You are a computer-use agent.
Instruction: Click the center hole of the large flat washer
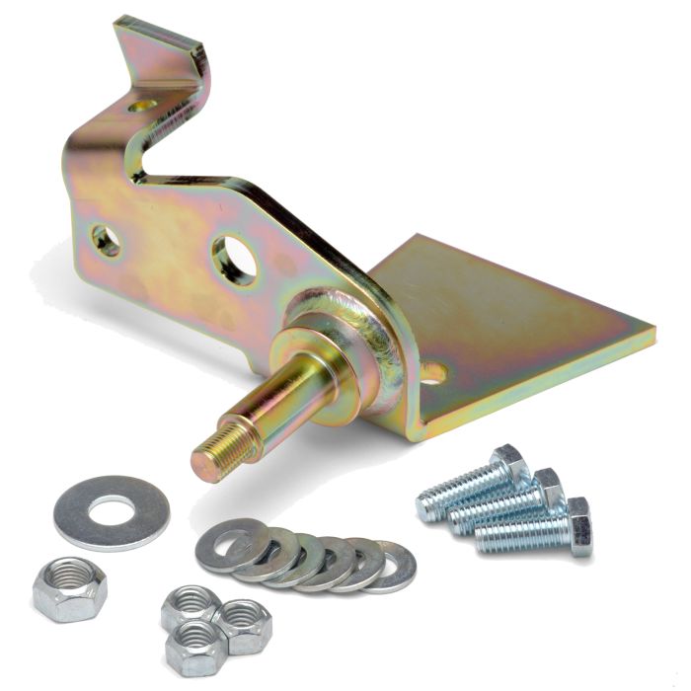coord(111,510)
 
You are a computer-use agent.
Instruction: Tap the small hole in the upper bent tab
coord(145,101)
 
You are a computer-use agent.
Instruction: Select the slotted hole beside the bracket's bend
coord(432,372)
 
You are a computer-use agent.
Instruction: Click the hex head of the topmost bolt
coord(509,464)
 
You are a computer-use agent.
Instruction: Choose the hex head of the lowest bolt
coord(579,525)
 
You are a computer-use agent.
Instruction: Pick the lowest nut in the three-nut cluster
coord(193,647)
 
